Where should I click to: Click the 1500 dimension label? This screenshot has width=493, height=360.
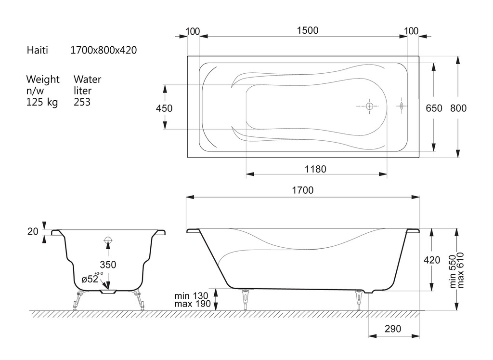[308, 30]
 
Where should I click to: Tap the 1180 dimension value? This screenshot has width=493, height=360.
[315, 169]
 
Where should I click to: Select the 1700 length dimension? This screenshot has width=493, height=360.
[303, 190]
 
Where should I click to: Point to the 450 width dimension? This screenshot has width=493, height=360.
[164, 108]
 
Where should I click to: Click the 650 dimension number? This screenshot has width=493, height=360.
[434, 108]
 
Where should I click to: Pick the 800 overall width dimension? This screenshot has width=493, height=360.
[458, 108]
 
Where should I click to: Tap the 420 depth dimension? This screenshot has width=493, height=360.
[432, 260]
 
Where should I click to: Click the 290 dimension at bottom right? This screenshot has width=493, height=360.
[393, 329]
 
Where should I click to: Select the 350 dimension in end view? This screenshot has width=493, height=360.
[108, 265]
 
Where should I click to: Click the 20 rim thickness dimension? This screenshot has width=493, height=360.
[33, 232]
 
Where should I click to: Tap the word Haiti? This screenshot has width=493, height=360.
[38, 50]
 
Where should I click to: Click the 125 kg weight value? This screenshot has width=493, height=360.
[42, 102]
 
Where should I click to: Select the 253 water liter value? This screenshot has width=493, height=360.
[82, 102]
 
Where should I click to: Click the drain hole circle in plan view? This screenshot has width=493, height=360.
[369, 106]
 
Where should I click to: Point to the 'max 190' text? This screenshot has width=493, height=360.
[193, 304]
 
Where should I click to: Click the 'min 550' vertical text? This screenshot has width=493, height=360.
[453, 271]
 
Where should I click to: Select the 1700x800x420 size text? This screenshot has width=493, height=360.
[104, 50]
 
